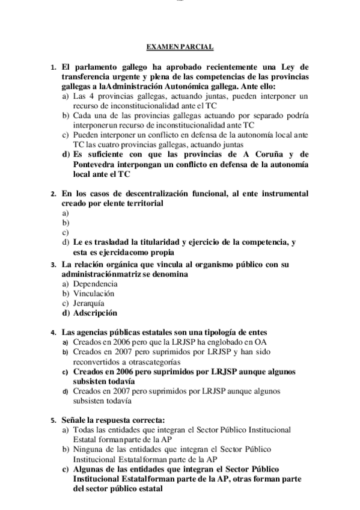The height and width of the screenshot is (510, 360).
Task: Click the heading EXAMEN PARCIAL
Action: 180,47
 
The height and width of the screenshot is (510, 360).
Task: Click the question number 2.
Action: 53,194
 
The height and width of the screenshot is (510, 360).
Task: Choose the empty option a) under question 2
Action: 66,213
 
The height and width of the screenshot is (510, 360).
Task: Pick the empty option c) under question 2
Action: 66,232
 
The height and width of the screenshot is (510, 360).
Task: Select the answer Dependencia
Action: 95,283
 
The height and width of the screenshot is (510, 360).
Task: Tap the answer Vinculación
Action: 94,293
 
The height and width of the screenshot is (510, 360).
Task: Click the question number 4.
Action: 53,332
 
